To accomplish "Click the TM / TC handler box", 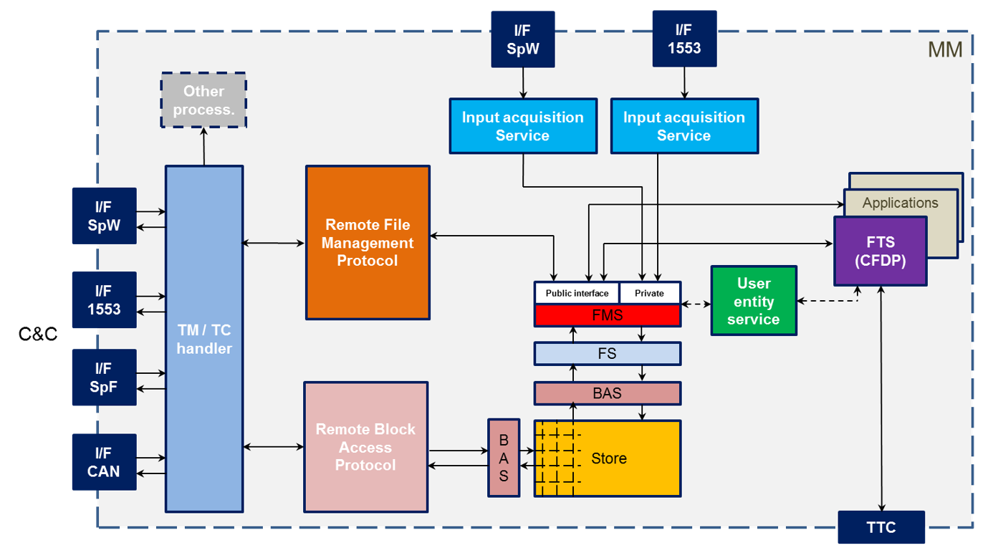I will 204,339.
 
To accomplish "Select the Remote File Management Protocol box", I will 368,243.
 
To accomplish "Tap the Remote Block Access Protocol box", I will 365,447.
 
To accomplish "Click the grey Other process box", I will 203,100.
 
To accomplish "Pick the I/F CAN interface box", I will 104,462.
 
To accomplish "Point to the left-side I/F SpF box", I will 104,377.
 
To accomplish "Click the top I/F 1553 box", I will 684,39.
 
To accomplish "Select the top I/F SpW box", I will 522,39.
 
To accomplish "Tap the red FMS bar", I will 607,314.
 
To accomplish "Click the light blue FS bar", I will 607,353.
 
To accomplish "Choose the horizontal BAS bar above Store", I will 607,393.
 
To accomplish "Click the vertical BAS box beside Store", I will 504,458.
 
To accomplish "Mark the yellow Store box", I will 608,458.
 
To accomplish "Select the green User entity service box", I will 753,301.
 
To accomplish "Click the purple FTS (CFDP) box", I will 880,251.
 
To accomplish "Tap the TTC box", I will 881,527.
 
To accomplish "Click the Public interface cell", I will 577,293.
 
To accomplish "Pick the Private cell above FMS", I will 649,293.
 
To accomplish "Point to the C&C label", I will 38,334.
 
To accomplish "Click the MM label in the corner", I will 945,49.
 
